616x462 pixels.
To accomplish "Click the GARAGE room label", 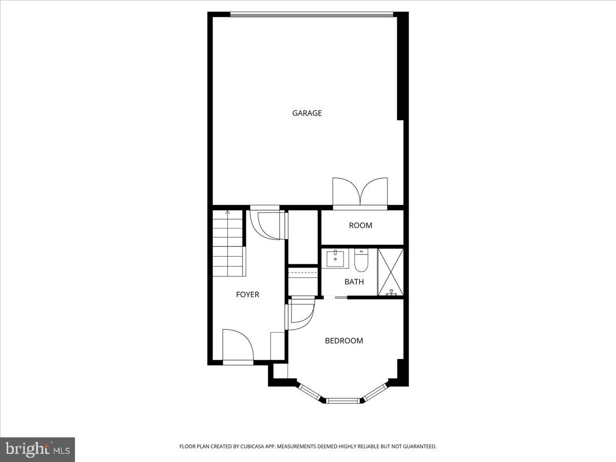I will coord(307,113).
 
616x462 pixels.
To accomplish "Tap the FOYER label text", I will coord(247,295).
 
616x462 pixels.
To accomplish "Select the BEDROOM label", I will coord(343,341).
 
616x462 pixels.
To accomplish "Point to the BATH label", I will coord(354,282).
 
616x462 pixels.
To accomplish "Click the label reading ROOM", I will coord(360,225).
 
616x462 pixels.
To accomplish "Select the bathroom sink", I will coord(336,258).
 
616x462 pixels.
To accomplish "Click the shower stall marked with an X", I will coord(390,272).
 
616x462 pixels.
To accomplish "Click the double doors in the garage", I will coord(360,192).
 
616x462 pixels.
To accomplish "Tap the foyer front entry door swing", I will coord(237,345).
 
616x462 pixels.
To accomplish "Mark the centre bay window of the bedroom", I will coord(344,400).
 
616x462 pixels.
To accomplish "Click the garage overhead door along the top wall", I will coord(312,14).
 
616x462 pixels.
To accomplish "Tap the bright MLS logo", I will coord(37,449).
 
